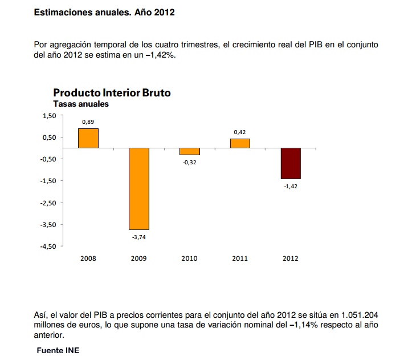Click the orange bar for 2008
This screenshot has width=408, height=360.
(x=88, y=138)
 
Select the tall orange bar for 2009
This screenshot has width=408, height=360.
(x=138, y=188)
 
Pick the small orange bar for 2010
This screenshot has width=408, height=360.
(x=189, y=151)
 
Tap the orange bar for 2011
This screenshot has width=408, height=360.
(x=240, y=143)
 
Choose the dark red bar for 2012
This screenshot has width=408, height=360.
(x=291, y=163)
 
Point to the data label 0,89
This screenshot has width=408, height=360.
(x=88, y=122)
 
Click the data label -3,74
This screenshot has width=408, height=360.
(x=138, y=236)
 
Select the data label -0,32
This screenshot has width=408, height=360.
(x=189, y=162)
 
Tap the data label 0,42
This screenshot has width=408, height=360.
(x=240, y=132)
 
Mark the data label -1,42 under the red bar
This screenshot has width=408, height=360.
(x=291, y=186)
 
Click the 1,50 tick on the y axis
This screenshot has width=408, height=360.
(x=50, y=116)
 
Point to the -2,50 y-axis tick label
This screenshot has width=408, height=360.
(x=48, y=203)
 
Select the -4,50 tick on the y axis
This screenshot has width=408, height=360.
(x=48, y=246)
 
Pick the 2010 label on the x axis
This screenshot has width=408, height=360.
(x=189, y=258)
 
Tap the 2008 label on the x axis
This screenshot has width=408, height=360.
(x=88, y=258)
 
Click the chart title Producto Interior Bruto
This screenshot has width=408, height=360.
(x=112, y=92)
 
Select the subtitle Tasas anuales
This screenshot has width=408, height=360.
(x=80, y=104)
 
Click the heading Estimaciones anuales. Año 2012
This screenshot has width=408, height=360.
(x=104, y=12)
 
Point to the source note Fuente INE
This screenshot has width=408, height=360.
(x=58, y=350)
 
